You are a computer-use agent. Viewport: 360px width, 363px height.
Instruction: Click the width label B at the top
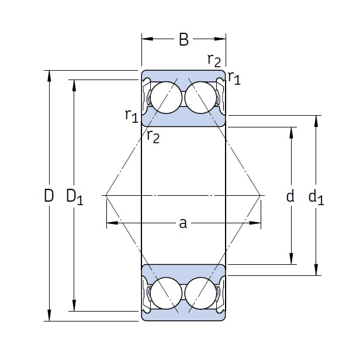pos(184,39)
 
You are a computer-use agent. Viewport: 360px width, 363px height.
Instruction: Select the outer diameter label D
pos(49,195)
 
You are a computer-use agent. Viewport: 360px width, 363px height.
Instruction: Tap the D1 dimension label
pos(75,197)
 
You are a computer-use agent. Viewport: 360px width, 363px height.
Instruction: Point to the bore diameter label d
pos(290,196)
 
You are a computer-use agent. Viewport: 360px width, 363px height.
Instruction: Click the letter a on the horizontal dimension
pos(183,223)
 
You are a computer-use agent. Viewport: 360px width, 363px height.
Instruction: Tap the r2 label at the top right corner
pos(214,60)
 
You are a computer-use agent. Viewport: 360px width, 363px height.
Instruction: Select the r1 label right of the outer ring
pos(234,78)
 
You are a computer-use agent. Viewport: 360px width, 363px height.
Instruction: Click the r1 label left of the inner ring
pos(131,115)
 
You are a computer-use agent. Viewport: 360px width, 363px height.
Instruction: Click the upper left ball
pos(166,98)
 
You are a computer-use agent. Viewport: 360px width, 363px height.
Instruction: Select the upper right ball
pos(201,98)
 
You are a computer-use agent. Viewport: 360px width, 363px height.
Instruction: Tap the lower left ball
pos(166,293)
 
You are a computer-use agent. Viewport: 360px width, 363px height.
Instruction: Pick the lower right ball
pos(201,293)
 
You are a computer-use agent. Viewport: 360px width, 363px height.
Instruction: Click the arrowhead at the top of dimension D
pos(49,76)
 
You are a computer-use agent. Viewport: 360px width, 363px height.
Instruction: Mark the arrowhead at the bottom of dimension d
pos(291,259)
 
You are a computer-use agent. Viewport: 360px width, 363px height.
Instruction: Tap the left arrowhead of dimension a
pos(112,223)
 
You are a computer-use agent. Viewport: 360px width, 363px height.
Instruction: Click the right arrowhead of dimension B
pos(220,39)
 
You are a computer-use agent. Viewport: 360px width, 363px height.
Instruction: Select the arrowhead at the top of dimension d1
pos(316,121)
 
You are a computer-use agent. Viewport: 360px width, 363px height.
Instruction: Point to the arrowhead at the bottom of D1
pos(74,306)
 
